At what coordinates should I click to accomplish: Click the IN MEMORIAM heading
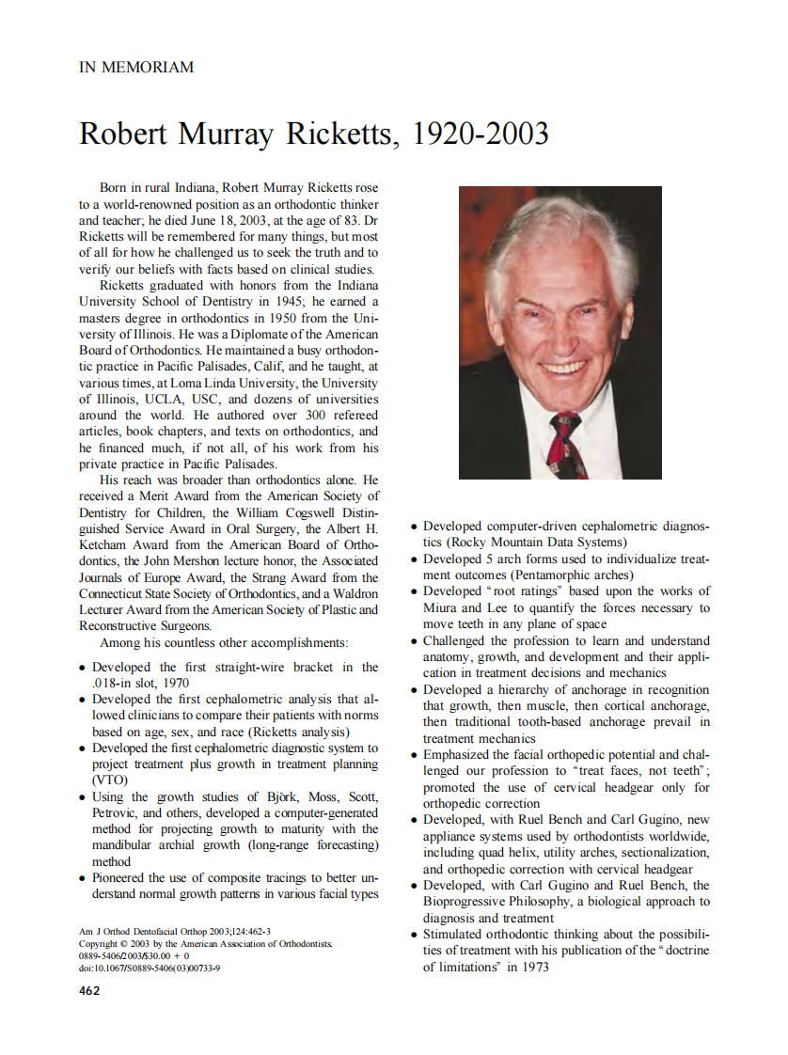point(136,68)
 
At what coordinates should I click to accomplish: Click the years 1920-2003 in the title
point(481,134)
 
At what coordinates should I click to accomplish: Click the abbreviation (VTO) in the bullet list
point(108,779)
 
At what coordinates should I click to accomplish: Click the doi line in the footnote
point(150,968)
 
